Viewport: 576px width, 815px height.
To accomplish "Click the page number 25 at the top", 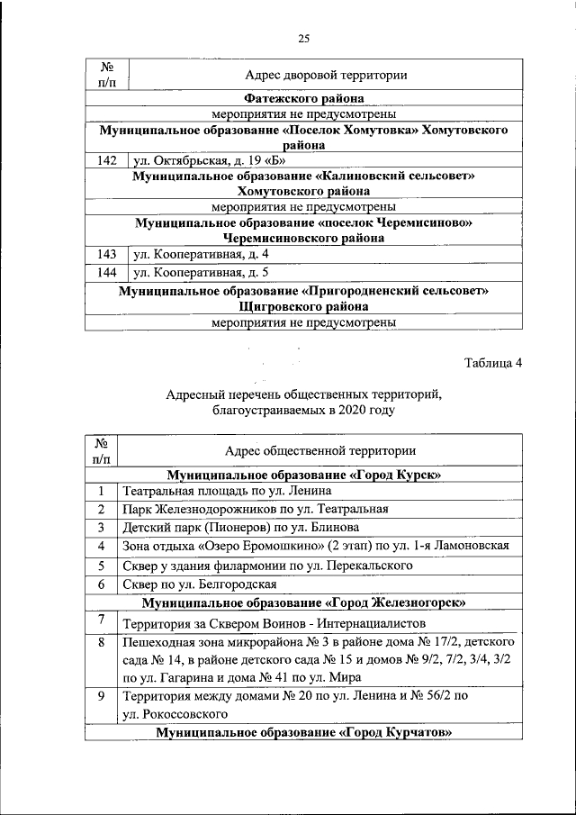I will [x=303, y=37].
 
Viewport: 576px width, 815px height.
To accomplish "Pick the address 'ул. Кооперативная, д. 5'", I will [x=201, y=272].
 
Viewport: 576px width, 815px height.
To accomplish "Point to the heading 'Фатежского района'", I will [x=303, y=98].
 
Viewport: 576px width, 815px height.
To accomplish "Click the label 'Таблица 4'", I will [x=492, y=363].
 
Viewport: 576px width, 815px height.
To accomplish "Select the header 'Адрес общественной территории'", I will [x=320, y=450].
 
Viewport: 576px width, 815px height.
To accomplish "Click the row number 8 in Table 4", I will [x=103, y=643].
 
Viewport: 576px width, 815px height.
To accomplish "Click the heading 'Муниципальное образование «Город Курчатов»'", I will [x=303, y=733].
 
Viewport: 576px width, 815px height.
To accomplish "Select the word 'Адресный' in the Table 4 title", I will [x=194, y=393].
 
